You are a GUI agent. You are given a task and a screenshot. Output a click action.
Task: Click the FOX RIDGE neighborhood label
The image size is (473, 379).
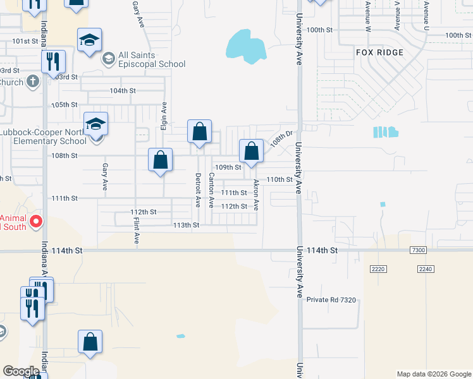(379, 52)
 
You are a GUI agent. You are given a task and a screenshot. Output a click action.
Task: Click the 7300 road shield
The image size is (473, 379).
(417, 251)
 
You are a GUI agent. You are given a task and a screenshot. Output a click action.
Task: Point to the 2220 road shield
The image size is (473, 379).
(378, 269)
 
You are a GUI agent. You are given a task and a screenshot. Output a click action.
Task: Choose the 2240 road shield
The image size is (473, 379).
(426, 269)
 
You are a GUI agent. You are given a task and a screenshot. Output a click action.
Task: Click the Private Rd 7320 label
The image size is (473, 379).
(332, 299)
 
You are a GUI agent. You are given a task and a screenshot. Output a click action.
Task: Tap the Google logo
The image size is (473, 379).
(21, 371)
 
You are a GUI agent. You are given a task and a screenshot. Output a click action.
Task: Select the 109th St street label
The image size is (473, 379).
(228, 167)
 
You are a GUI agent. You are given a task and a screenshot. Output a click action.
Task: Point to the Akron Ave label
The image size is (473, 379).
(256, 195)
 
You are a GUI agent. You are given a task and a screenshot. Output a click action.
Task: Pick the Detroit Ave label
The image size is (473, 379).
(198, 190)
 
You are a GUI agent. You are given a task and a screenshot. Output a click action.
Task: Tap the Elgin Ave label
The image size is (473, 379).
(164, 116)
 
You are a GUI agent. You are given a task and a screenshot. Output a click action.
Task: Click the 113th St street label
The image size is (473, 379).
(186, 225)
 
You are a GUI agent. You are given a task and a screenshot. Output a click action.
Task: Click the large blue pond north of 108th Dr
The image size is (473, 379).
(245, 47)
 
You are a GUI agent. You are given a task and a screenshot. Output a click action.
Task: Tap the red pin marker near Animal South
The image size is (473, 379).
(36, 221)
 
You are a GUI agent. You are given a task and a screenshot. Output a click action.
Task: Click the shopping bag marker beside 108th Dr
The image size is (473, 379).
(251, 151)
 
